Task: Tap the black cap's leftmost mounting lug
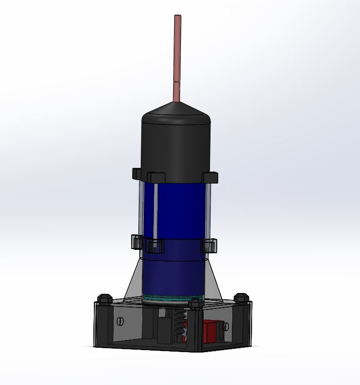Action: pyautogui.click(x=136, y=173)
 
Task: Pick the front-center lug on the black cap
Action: pyautogui.click(x=155, y=178)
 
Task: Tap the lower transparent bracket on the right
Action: pyautogui.click(x=209, y=246)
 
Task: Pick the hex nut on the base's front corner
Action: pyautogui.click(x=195, y=304)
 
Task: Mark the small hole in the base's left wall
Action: pyautogui.click(x=120, y=321)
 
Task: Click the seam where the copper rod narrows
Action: pyautogui.click(x=177, y=83)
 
